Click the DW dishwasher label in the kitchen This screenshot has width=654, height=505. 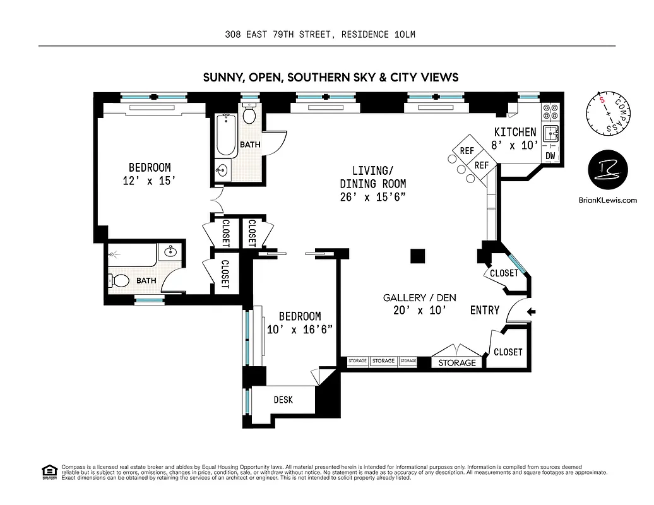pos(550,155)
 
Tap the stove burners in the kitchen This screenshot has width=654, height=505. pos(550,111)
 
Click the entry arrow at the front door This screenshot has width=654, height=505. pos(532,311)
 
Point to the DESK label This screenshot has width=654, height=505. pos(283,400)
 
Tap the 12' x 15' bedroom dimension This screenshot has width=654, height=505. pos(149,181)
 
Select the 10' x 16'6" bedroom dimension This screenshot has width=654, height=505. pos(299,330)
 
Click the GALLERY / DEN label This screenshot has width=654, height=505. pos(419,298)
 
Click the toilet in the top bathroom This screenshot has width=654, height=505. pos(249,115)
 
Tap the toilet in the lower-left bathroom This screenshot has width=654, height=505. pos(119,280)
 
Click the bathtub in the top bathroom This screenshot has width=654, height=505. pos(225,135)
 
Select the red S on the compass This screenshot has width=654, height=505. pos(603,101)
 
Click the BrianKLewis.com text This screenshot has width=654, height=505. pos(607,201)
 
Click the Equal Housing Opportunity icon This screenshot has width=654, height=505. pos(48,472)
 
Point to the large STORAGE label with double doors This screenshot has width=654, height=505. pos(457,362)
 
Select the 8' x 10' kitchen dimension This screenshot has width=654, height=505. pos(515,145)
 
